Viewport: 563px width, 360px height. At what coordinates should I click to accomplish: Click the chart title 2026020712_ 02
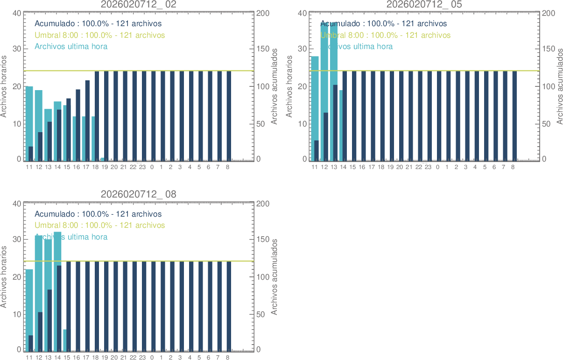click(139, 4)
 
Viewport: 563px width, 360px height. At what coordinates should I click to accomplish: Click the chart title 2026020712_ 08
click(139, 195)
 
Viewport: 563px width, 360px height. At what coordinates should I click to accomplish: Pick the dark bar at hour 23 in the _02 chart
click(144, 117)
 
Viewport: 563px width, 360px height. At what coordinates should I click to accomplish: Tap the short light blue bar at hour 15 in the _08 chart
click(65, 340)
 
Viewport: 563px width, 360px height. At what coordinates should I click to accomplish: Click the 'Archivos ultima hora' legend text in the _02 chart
click(71, 46)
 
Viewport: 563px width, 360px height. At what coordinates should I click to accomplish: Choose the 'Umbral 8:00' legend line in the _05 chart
click(385, 35)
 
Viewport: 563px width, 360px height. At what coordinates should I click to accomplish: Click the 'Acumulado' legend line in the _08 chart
click(98, 214)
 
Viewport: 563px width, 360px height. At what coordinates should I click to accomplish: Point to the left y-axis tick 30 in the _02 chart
click(16, 49)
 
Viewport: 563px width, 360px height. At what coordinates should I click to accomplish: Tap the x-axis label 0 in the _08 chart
click(152, 358)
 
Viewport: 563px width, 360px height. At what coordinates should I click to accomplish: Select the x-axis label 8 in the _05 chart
click(513, 167)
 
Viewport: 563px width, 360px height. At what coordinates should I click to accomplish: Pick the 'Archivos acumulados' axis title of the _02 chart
click(274, 86)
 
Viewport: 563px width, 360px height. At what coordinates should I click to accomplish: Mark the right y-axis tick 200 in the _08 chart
click(262, 204)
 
